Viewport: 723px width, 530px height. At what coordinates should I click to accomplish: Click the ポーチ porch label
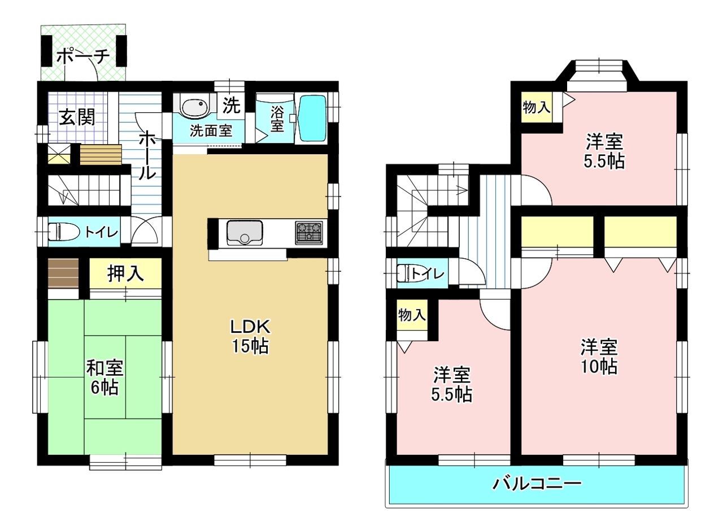(x=84, y=57)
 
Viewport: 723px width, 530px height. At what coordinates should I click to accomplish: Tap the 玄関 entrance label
(x=77, y=117)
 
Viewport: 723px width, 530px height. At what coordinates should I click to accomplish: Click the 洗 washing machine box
(x=231, y=105)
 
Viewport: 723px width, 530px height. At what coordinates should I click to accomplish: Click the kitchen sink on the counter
(x=245, y=233)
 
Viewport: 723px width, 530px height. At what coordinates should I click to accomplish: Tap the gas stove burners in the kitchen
(x=309, y=232)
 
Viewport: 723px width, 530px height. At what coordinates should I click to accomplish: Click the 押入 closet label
(x=125, y=273)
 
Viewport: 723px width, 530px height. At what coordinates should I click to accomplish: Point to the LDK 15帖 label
(x=250, y=336)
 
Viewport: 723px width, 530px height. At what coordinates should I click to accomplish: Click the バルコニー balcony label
(x=537, y=484)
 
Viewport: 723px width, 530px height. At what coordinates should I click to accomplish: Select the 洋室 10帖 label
(x=599, y=357)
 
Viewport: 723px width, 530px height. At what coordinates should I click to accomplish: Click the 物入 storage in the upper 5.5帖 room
(x=537, y=107)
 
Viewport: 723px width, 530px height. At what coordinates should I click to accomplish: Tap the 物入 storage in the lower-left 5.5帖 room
(x=412, y=315)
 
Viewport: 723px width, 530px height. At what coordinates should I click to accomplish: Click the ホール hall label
(x=147, y=155)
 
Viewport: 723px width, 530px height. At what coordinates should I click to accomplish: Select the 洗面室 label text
(x=211, y=131)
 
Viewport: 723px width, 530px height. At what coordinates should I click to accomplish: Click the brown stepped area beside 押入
(x=63, y=273)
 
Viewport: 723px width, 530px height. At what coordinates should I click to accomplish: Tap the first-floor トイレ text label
(x=101, y=232)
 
